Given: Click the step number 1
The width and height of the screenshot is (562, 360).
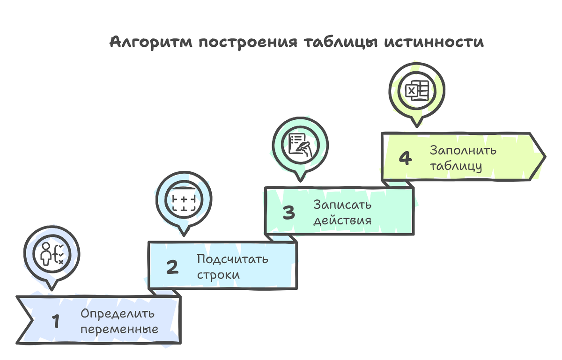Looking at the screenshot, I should [x=56, y=322].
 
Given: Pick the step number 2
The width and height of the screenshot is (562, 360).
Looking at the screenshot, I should [x=172, y=267].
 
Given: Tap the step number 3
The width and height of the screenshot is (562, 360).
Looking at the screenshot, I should [x=288, y=213].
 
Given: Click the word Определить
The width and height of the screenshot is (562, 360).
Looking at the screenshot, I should [x=117, y=314].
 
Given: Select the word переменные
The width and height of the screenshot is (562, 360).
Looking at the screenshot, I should [x=119, y=329].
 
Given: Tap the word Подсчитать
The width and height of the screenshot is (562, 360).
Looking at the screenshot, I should [x=232, y=259].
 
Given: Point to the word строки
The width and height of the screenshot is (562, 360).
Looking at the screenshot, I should [x=218, y=275].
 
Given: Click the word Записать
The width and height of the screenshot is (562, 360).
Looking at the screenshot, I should [x=342, y=205].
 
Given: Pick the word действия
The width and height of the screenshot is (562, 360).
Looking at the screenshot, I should [x=342, y=220].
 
